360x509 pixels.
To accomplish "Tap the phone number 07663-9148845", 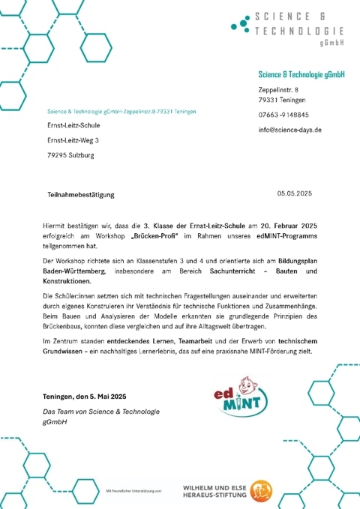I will point(283,115).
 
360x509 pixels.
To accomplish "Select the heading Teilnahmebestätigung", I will point(80,195).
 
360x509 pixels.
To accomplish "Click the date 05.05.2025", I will point(293,193).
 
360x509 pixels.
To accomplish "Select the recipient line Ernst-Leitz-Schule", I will point(73,125).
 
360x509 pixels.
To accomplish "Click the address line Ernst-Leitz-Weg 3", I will point(73,140).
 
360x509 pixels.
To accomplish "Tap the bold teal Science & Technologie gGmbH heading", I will point(301,74).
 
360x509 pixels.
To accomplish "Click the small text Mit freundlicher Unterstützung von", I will point(133,490).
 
